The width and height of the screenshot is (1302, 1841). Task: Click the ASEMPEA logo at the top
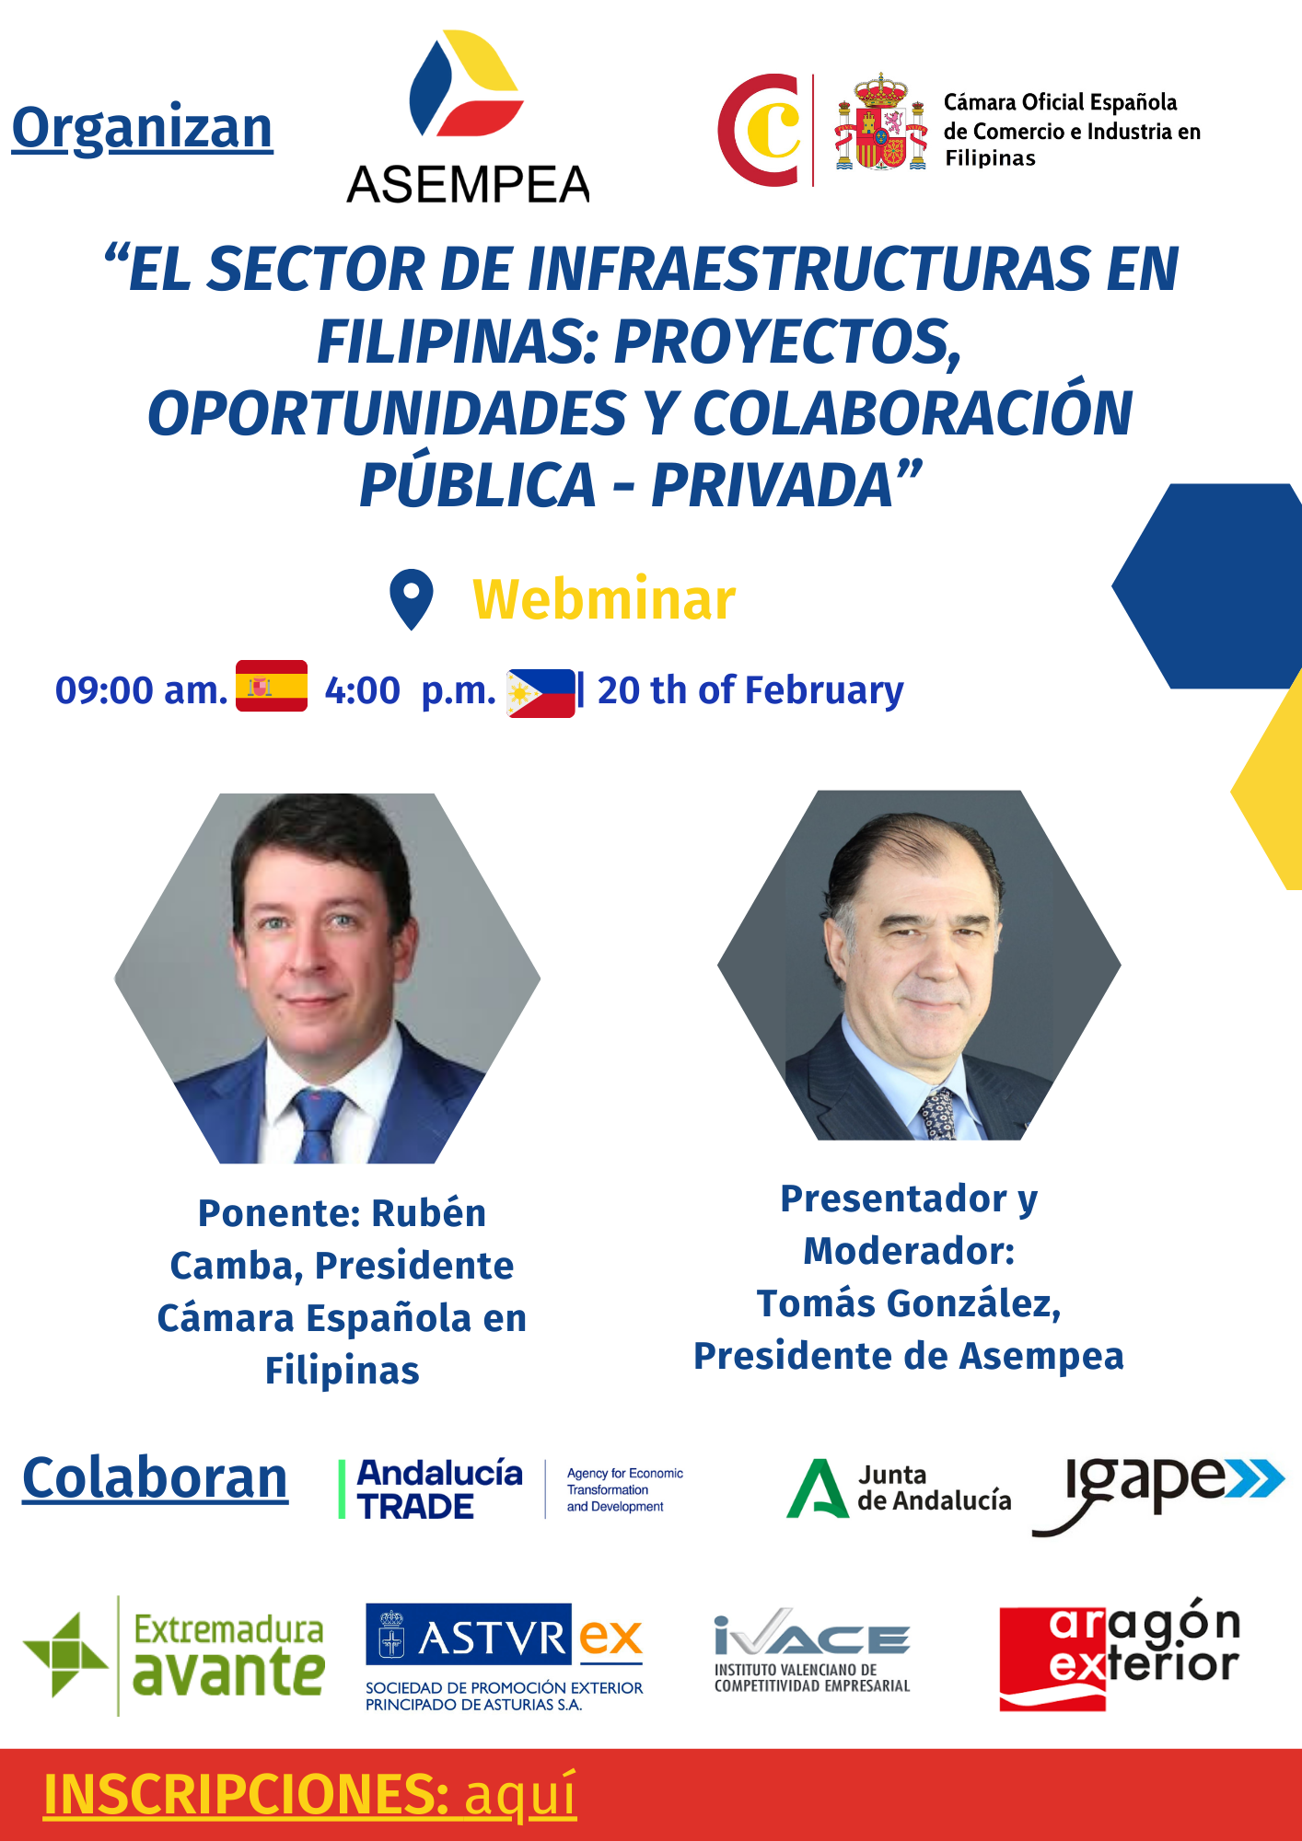click(468, 117)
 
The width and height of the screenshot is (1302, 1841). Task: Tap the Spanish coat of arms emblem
click(881, 122)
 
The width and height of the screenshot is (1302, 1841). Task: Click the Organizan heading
click(143, 130)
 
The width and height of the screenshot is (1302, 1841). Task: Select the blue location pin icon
click(412, 599)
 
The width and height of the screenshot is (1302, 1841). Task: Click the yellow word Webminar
click(604, 600)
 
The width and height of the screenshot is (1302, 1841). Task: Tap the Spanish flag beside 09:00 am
click(272, 686)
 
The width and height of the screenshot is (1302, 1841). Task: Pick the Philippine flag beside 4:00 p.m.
click(541, 693)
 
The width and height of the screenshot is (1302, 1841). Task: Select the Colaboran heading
click(155, 1479)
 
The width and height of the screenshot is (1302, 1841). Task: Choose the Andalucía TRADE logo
click(511, 1489)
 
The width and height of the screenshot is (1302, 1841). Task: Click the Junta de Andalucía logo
click(899, 1488)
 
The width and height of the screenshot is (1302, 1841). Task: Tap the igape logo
click(1158, 1493)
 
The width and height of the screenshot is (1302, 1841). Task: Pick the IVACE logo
click(812, 1651)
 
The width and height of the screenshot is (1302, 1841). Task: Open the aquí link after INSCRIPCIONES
click(520, 1795)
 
